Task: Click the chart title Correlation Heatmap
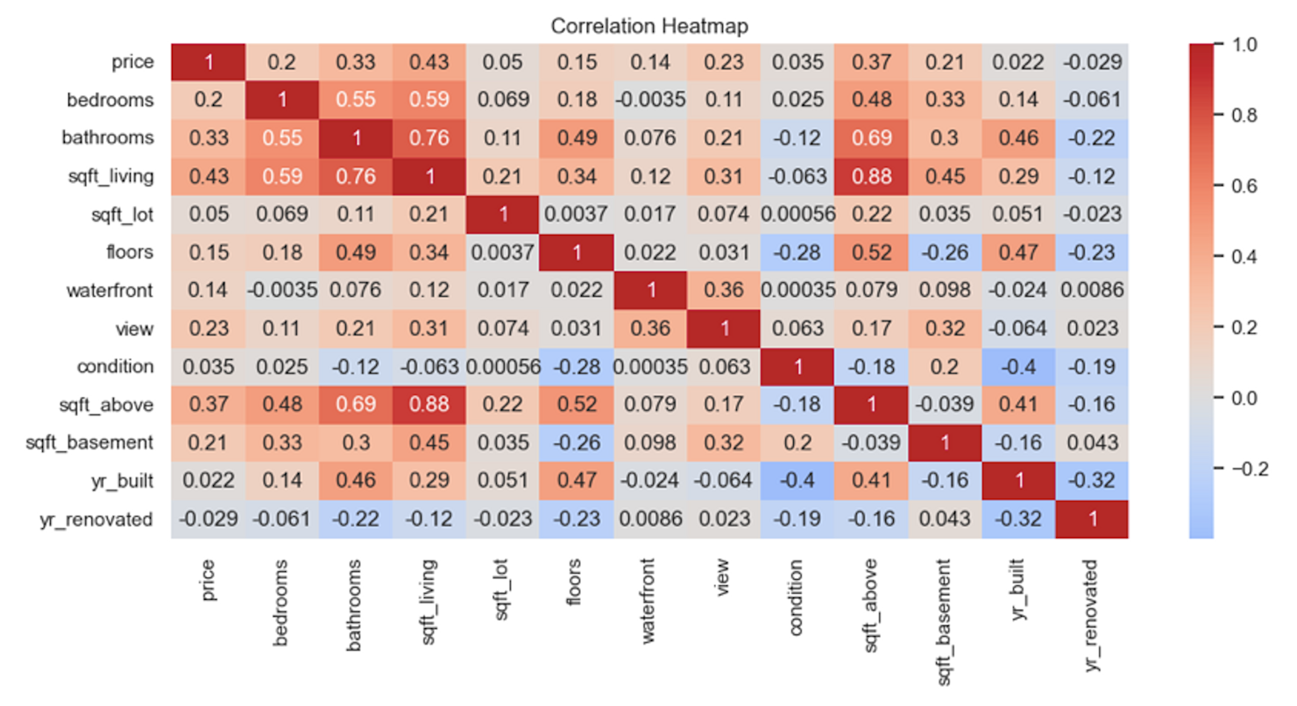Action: click(649, 27)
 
